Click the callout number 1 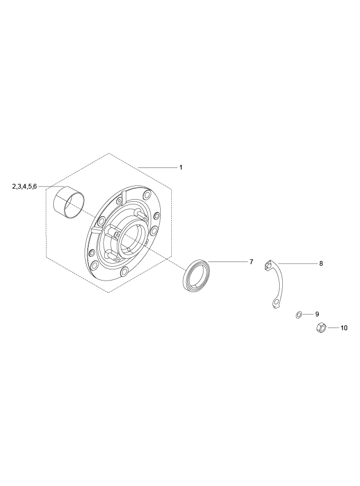[x=181, y=167]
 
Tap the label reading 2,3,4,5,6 [x=24, y=186]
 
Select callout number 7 [x=252, y=262]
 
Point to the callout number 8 [x=321, y=264]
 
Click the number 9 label [x=317, y=314]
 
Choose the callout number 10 [x=344, y=328]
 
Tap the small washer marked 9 [x=299, y=315]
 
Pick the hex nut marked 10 [x=320, y=328]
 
